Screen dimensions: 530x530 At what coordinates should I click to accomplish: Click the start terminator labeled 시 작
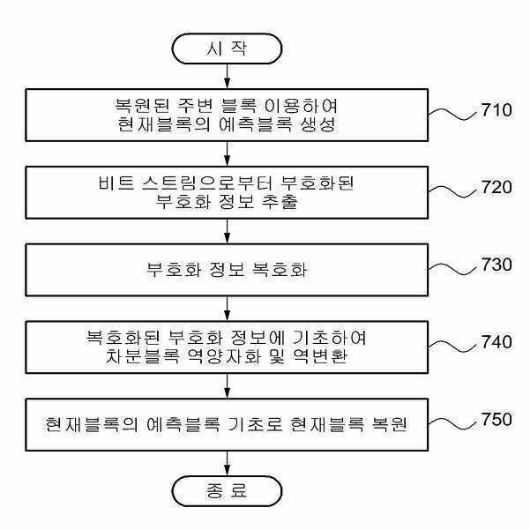[x=227, y=49]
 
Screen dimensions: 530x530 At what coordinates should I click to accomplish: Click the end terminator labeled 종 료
[x=227, y=491]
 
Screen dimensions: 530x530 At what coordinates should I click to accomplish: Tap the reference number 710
[x=496, y=110]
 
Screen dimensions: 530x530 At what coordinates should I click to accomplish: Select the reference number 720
[x=496, y=187]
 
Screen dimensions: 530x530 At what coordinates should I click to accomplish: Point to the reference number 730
[x=496, y=265]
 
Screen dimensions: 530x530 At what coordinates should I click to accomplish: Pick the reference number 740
[x=496, y=342]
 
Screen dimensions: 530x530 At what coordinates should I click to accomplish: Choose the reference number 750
[x=496, y=420]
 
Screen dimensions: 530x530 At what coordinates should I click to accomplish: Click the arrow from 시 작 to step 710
[x=228, y=76]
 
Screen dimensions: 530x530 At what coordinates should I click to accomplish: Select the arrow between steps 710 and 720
[x=228, y=153]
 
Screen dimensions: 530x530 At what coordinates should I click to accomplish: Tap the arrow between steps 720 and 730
[x=228, y=231]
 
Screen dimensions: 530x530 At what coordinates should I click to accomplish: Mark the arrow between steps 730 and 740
[x=228, y=309]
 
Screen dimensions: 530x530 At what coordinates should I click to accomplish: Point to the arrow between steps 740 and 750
[x=228, y=386]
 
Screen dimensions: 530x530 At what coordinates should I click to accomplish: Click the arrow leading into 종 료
[x=228, y=463]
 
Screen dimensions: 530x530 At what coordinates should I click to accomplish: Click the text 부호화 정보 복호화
[x=227, y=270]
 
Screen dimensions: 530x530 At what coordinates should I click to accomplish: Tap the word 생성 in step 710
[x=318, y=124]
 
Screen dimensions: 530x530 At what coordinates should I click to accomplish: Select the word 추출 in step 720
[x=280, y=202]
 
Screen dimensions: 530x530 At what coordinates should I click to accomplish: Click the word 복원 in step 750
[x=390, y=424]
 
